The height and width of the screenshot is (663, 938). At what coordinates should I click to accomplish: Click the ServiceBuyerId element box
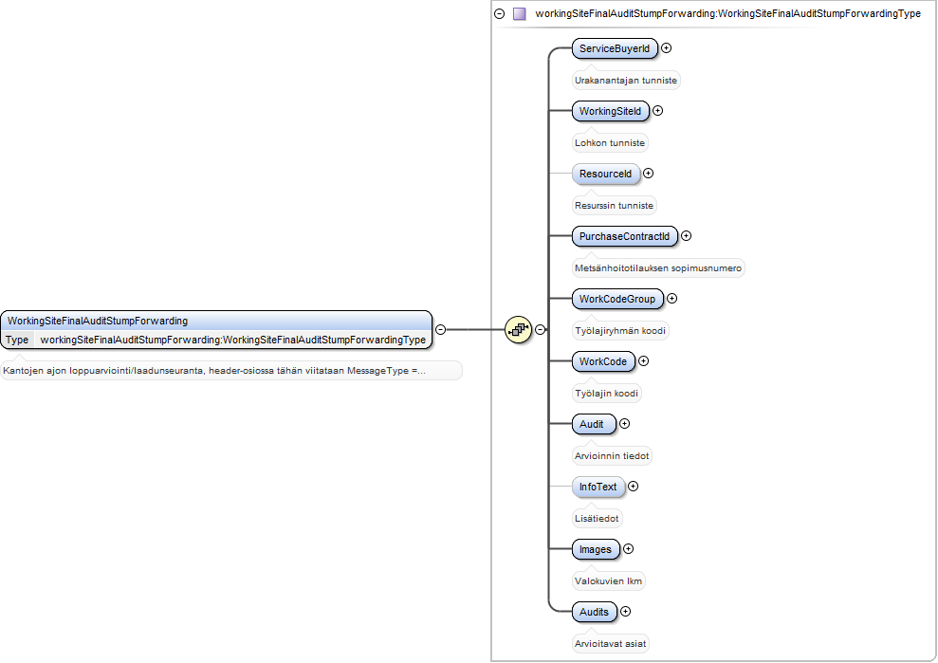click(615, 48)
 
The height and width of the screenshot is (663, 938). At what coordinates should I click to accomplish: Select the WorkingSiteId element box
click(610, 111)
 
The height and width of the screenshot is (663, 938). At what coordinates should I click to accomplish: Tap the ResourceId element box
click(605, 174)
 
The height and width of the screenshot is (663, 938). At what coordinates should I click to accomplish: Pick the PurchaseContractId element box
click(624, 236)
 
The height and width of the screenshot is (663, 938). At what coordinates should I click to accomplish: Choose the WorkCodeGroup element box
click(617, 299)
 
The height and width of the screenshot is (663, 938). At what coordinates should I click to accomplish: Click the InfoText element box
click(598, 487)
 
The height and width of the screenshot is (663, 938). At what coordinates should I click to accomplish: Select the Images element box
click(596, 549)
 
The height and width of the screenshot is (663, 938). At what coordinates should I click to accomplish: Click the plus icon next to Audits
click(625, 612)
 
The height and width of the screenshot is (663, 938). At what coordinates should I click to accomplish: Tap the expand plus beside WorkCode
click(643, 360)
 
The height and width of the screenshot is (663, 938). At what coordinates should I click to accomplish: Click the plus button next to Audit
click(624, 424)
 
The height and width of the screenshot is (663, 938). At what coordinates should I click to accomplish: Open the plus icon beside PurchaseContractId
click(686, 236)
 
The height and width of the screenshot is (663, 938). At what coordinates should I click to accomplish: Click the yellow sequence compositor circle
click(518, 330)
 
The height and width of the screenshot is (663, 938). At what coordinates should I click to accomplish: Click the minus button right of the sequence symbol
click(541, 330)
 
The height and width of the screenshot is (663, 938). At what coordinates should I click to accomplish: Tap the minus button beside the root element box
click(440, 330)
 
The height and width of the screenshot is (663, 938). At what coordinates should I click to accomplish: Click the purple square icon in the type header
click(519, 14)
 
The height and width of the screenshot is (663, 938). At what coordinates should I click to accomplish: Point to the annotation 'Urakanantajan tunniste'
click(626, 81)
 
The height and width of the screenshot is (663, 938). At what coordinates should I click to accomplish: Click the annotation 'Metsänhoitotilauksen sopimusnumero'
click(658, 268)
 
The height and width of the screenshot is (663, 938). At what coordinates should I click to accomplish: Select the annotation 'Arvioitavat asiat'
click(610, 644)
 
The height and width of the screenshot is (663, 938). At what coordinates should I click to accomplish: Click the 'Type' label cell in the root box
click(17, 340)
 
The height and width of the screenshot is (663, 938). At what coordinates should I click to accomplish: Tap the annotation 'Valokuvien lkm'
click(608, 581)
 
